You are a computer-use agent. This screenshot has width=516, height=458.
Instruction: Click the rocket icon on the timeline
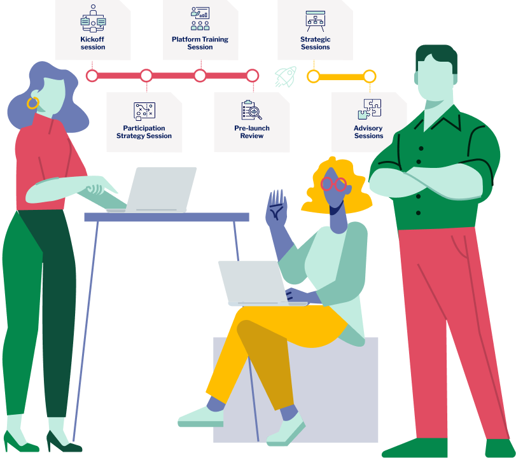coord(286,76)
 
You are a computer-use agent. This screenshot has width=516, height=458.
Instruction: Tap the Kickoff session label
coord(93,43)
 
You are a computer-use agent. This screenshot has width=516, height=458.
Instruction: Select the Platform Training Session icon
coord(200,19)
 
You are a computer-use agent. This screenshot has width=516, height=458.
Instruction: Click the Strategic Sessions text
coord(315,43)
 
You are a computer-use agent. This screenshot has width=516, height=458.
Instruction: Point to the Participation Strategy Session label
coord(144,132)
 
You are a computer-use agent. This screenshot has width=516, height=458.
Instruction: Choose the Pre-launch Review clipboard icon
coord(251,110)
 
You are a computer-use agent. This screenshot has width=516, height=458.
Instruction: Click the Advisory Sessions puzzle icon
coord(369,109)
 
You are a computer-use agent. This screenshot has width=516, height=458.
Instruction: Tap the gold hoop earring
coord(32,102)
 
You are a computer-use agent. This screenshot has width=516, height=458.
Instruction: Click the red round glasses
coord(334,184)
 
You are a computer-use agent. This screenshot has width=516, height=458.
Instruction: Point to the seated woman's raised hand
coord(277,207)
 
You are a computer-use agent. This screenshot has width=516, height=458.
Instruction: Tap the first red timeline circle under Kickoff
coord(92,76)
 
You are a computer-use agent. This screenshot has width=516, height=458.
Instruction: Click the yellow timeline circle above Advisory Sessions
coord(370,76)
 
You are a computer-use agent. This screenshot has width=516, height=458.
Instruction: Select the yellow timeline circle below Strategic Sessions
coord(313,76)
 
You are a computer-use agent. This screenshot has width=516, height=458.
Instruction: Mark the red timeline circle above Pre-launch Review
coord(253,76)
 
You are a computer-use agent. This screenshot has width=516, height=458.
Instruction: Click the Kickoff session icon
coord(93,19)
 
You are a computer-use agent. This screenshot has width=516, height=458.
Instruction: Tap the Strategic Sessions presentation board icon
coord(315,20)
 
